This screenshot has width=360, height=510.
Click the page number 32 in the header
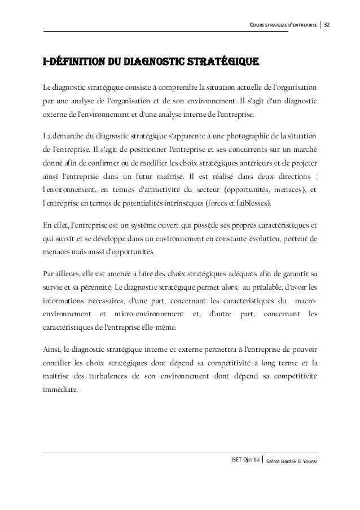327,25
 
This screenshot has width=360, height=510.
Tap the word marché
304,150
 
